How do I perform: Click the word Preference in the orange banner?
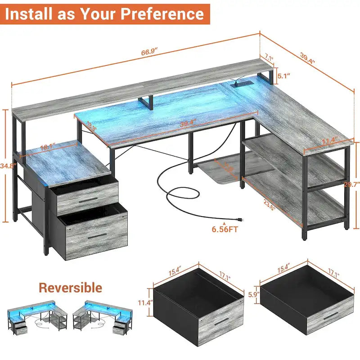[167, 14]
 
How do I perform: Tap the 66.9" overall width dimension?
[148, 53]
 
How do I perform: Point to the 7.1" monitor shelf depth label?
[269, 57]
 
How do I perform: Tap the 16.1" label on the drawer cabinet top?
[47, 147]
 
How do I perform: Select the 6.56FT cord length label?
[225, 229]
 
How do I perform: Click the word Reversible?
[70, 288]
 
